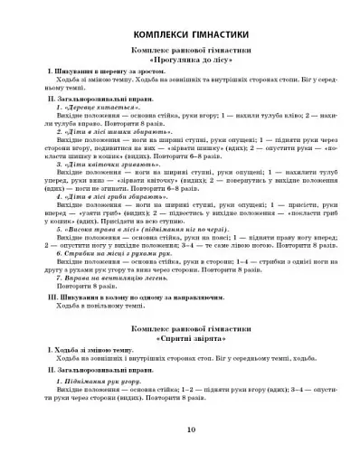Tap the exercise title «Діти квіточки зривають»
tap(99, 165)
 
